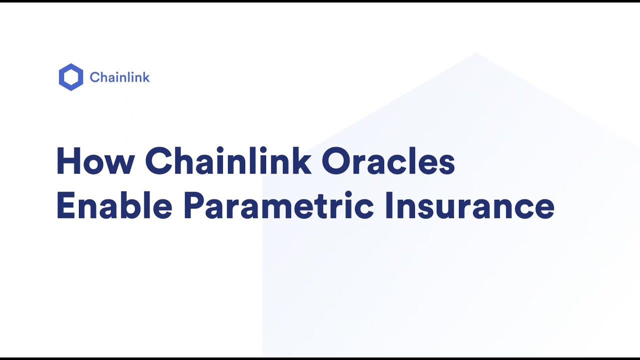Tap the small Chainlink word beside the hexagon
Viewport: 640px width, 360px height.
pyautogui.click(x=119, y=77)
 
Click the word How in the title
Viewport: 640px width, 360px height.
pyautogui.click(x=95, y=161)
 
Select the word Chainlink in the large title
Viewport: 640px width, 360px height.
pyautogui.click(x=228, y=161)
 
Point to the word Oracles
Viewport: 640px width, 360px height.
pyautogui.click(x=388, y=161)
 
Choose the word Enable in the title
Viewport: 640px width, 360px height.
pyautogui.click(x=114, y=206)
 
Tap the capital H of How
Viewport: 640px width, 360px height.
pyautogui.click(x=68, y=161)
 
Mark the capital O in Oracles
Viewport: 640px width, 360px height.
pyautogui.click(x=337, y=161)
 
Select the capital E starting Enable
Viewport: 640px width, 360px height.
pyautogui.click(x=65, y=206)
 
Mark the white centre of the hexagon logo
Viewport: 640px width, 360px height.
pyautogui.click(x=70, y=77)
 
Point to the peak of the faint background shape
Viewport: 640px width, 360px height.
pyautogui.click(x=476, y=53)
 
